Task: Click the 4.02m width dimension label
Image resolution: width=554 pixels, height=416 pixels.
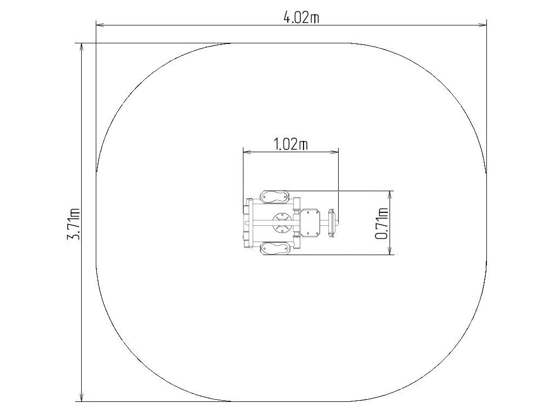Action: pos(301,17)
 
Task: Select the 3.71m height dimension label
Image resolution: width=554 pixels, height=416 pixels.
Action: pos(74,224)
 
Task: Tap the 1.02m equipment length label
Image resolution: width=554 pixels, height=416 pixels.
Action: pos(291,144)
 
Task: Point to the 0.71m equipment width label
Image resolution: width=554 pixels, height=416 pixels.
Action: pos(381,223)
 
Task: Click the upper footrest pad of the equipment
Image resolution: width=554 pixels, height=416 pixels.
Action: pos(274,197)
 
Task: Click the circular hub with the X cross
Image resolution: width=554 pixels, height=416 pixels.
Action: pos(282,223)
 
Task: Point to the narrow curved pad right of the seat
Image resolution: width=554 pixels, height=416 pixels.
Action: pos(332,223)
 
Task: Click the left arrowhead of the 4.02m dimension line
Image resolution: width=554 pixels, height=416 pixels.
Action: pos(100,25)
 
